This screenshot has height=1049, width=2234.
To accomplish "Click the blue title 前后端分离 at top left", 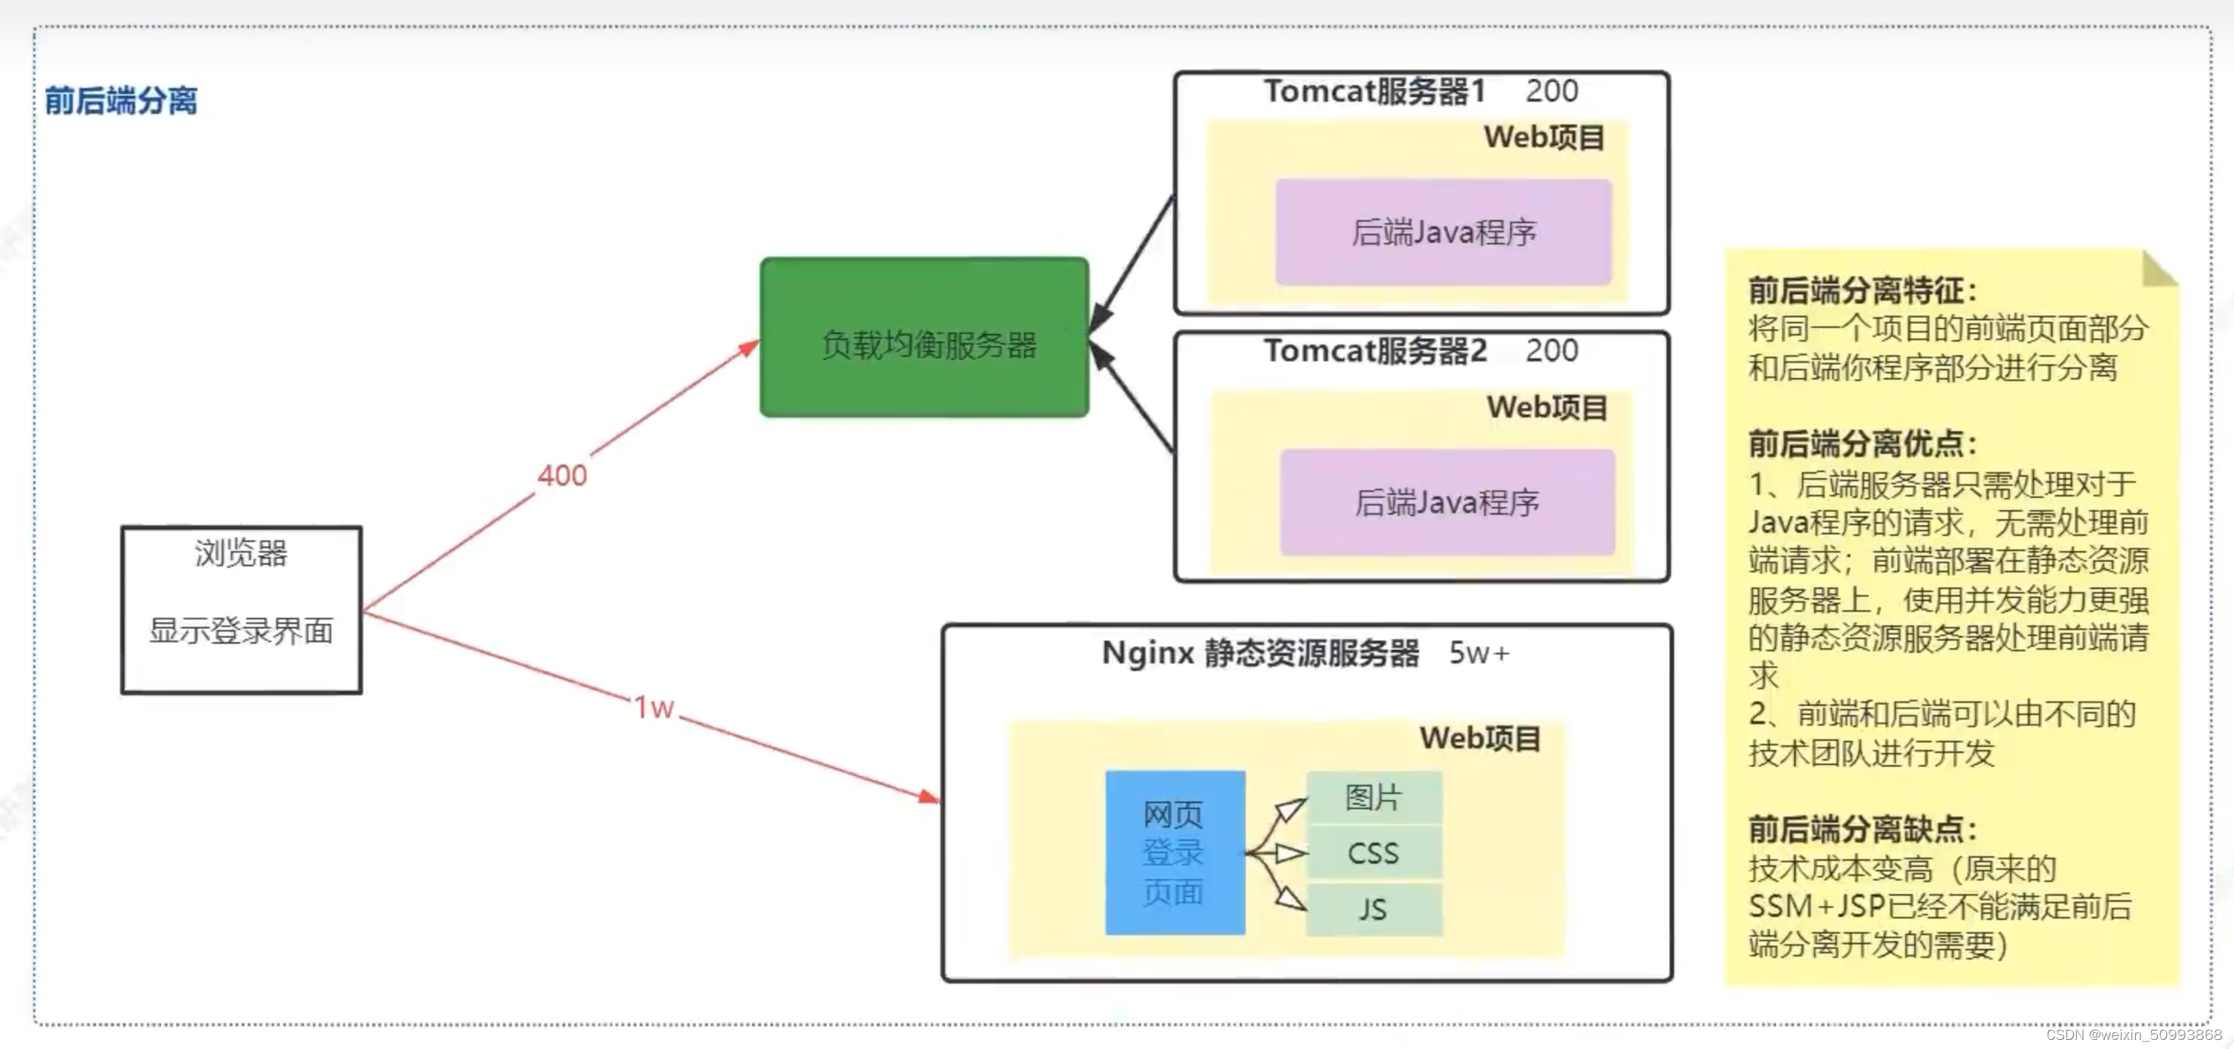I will pyautogui.click(x=121, y=100).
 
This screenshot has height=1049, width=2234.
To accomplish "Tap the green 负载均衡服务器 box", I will pyautogui.click(x=924, y=338).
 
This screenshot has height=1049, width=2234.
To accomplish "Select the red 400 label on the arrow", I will pyautogui.click(x=562, y=475).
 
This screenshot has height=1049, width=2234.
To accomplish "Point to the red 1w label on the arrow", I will pyautogui.click(x=654, y=707).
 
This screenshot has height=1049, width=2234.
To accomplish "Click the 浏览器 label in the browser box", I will pyautogui.click(x=241, y=553).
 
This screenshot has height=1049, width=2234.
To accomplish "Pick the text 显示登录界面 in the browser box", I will pyautogui.click(x=241, y=630).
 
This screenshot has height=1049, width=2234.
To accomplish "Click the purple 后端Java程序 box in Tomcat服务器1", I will pyautogui.click(x=1443, y=232).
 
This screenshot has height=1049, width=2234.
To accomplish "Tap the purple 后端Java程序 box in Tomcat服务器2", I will pyautogui.click(x=1446, y=502).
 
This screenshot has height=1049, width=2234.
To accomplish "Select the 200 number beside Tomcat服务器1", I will pyautogui.click(x=1551, y=91).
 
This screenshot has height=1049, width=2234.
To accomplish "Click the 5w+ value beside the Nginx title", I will pyautogui.click(x=1479, y=653).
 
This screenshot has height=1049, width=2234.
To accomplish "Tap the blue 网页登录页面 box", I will pyautogui.click(x=1174, y=852).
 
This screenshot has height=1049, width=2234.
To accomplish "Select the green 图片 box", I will pyautogui.click(x=1373, y=798).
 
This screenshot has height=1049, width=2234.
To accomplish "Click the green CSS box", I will pyautogui.click(x=1373, y=853).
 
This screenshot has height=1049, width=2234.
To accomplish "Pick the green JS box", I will pyautogui.click(x=1373, y=909).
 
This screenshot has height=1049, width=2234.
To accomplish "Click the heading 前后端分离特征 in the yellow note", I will pyautogui.click(x=1861, y=291).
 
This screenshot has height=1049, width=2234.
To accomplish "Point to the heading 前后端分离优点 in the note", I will pyautogui.click(x=1861, y=444).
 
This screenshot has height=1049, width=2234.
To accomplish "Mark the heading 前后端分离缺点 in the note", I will pyautogui.click(x=1861, y=830).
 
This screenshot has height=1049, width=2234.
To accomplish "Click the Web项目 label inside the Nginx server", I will pyautogui.click(x=1480, y=739).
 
